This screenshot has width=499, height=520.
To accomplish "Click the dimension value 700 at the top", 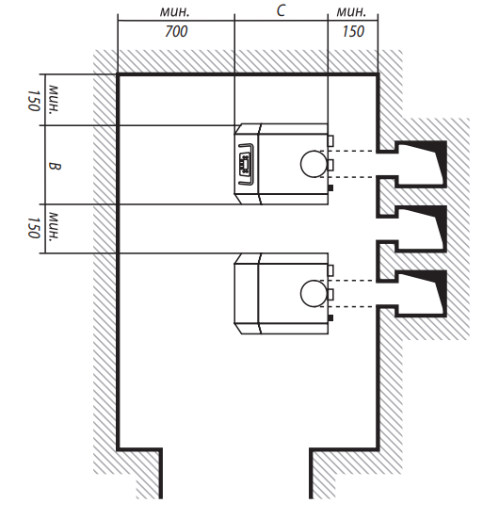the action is tap(176, 31).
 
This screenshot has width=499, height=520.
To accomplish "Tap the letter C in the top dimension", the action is tap(281, 10).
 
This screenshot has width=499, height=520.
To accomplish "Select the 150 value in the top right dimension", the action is tap(353, 31).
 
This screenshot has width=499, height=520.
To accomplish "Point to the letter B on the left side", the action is tap(55, 166).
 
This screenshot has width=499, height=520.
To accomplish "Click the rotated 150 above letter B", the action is tap(34, 101).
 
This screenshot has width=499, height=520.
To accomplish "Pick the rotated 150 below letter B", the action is tap(34, 228).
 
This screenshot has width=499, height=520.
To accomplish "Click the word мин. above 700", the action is tap(174, 12).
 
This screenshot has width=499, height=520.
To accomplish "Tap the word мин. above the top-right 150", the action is tap(351, 12).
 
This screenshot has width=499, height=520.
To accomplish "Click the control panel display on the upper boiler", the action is tap(246, 164).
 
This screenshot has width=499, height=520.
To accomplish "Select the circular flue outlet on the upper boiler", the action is tap(314, 164).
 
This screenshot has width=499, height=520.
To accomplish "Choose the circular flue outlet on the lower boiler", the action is tap(314, 294).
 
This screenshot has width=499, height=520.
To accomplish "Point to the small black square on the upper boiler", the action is tap(330, 188).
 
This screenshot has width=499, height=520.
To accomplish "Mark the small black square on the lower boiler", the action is tap(330, 318).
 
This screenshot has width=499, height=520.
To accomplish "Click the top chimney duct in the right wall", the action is tap(421, 164).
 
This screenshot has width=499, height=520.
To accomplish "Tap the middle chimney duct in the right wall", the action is tap(421, 229).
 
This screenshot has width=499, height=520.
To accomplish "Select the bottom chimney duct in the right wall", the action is tap(421, 294).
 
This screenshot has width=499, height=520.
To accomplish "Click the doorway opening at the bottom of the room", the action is tap(236, 474).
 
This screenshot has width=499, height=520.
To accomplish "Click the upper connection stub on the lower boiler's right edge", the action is tap(330, 270).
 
